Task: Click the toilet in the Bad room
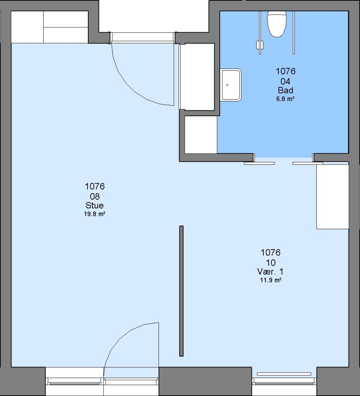click(x=277, y=24)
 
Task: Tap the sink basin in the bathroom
click(x=231, y=85)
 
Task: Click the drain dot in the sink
click(x=227, y=85)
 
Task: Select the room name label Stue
click(x=94, y=205)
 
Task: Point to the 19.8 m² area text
click(x=94, y=214)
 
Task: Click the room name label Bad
click(x=286, y=90)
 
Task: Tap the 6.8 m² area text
click(x=285, y=99)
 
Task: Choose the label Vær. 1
click(x=270, y=271)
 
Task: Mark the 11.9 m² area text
click(x=271, y=280)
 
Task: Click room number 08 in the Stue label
click(x=95, y=196)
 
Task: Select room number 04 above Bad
click(x=286, y=81)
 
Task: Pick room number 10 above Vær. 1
click(x=271, y=263)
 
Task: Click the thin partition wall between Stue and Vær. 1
click(x=181, y=291)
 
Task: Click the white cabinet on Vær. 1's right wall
click(x=333, y=197)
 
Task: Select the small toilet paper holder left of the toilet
click(x=259, y=45)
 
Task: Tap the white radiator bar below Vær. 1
click(x=284, y=374)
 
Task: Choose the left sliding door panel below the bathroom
click(x=259, y=164)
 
